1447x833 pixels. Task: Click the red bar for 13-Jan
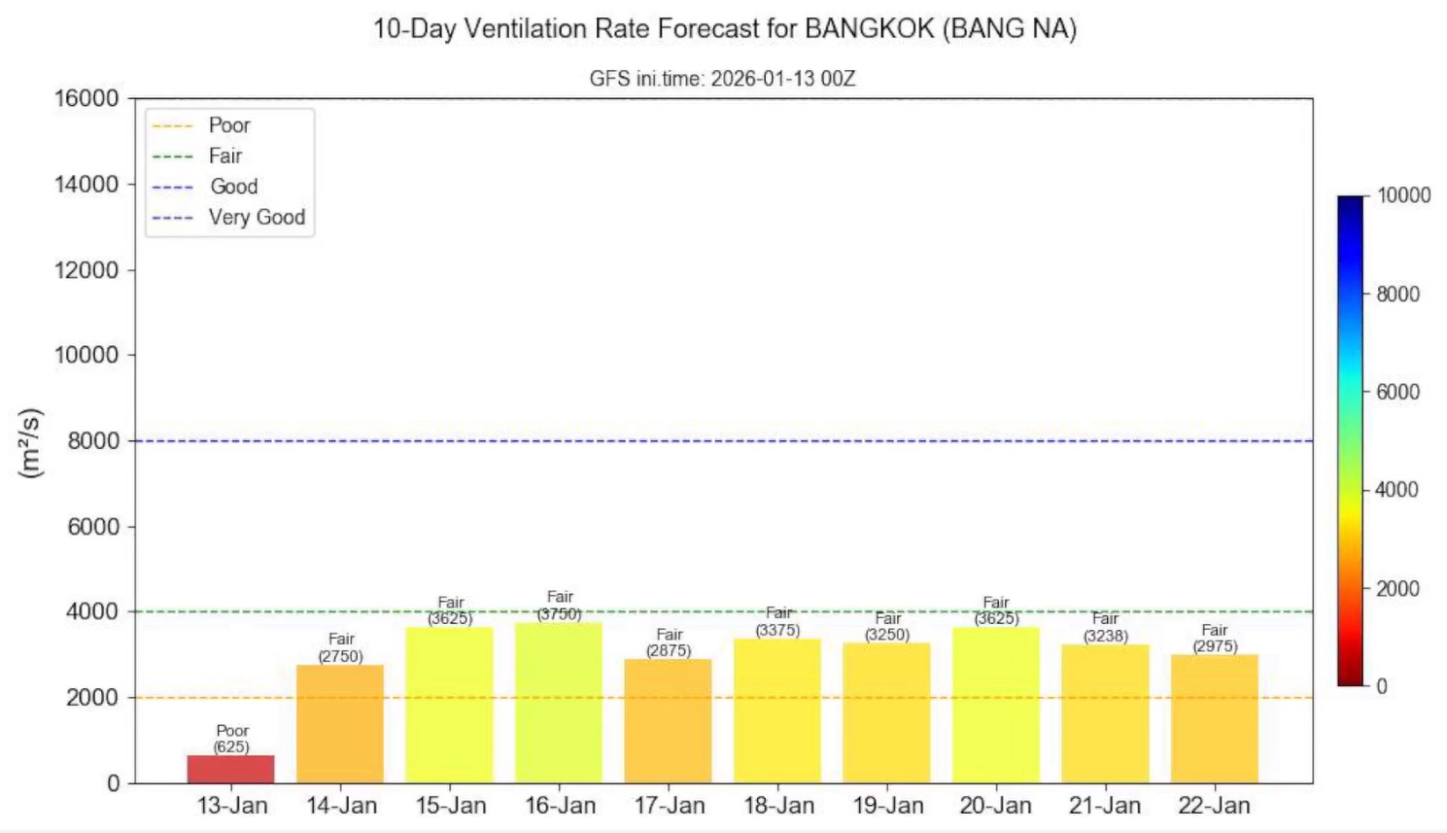tap(230, 769)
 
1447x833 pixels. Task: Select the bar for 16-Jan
tap(559, 703)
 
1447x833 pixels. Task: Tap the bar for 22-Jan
tap(1214, 718)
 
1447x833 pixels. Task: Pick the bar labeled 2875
tap(668, 721)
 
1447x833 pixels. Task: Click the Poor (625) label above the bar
tap(231, 739)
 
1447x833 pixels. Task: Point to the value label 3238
tap(1105, 636)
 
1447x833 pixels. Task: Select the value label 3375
tap(777, 630)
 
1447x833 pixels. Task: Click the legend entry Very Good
tap(257, 217)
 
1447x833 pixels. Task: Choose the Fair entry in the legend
tap(224, 156)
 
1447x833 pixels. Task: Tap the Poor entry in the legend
tap(229, 125)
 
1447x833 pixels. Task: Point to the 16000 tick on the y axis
tap(86, 98)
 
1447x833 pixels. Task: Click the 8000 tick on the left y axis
tap(93, 440)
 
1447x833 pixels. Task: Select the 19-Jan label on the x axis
tap(887, 806)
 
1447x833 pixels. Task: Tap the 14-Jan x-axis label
tap(341, 806)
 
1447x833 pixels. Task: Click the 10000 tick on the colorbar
tap(1403, 195)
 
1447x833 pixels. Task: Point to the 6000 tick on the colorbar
tap(1397, 392)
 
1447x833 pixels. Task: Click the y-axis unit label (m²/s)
tap(31, 442)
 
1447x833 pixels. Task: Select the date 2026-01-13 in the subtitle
tap(763, 79)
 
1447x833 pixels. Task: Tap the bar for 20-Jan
tap(995, 705)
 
